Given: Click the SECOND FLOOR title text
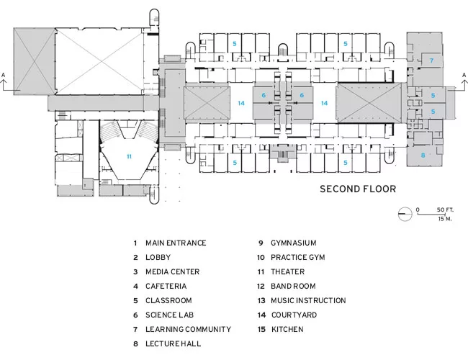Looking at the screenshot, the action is point(358,189).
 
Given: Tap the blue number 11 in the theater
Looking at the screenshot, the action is point(129,156).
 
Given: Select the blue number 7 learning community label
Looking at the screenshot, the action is point(431,60).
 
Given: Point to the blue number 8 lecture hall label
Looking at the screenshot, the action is point(423,156).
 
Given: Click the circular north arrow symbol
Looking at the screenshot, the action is point(405,214).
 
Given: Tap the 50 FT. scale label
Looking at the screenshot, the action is point(445,210).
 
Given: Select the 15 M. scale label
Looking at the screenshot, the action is point(445,219).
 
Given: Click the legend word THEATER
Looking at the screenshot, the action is point(288,271).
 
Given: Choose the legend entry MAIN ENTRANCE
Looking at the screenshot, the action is point(176,243).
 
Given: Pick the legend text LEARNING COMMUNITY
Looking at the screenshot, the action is point(189,329).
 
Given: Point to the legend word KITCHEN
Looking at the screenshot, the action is point(287,329).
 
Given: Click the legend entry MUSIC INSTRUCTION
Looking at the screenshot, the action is point(308,300).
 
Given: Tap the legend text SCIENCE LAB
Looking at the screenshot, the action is point(169,315).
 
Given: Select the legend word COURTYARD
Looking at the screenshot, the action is point(294,315).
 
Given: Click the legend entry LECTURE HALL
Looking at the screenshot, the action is point(173,343).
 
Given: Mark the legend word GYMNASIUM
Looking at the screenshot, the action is point(293,243).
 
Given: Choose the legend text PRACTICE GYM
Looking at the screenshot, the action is point(298,257).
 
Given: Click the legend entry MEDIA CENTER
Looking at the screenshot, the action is point(173,271).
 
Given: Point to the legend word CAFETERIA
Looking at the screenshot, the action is point(166,286).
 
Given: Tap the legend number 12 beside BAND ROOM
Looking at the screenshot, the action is point(261,286).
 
